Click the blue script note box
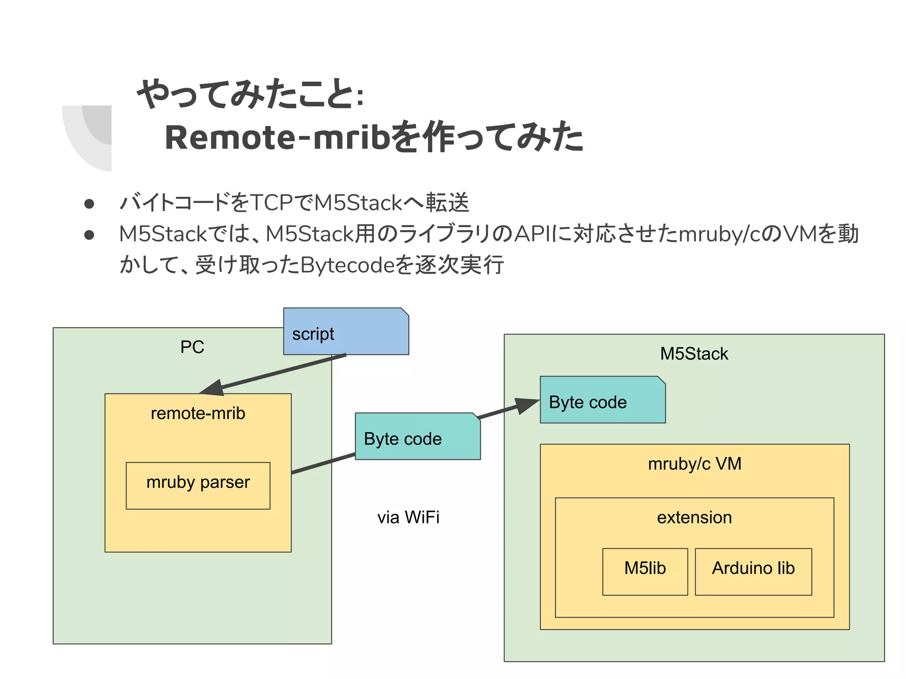(x=346, y=332)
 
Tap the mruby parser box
(x=198, y=485)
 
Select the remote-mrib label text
(x=198, y=413)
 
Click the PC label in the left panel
(x=192, y=347)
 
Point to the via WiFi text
(x=408, y=517)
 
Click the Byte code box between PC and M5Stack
(x=417, y=437)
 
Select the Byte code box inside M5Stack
(x=602, y=400)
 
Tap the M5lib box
(x=645, y=571)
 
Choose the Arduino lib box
(x=753, y=571)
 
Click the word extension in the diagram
(x=694, y=517)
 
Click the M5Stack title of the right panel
(x=694, y=354)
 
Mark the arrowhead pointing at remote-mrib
(x=212, y=388)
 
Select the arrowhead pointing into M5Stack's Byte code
(x=526, y=405)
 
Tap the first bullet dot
(x=89, y=203)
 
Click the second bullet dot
(x=89, y=235)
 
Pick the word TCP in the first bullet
(x=271, y=203)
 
